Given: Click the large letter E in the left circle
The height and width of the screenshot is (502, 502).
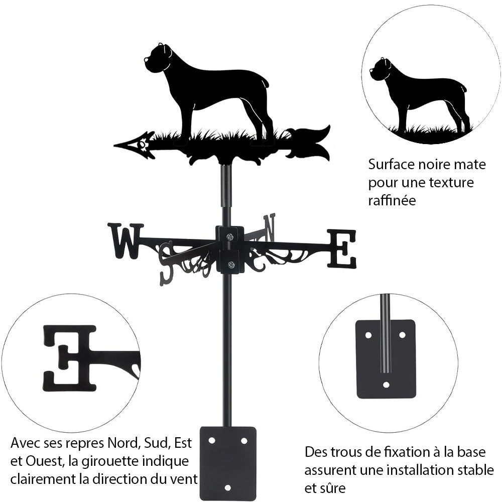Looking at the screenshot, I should point(70,357).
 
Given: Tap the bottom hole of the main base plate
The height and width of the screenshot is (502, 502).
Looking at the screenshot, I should point(227,487).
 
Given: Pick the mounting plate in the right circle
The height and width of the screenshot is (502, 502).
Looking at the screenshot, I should point(386,358).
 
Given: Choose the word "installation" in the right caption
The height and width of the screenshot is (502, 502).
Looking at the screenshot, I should point(420,470).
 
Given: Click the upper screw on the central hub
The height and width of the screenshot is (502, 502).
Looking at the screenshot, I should point(229,237).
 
